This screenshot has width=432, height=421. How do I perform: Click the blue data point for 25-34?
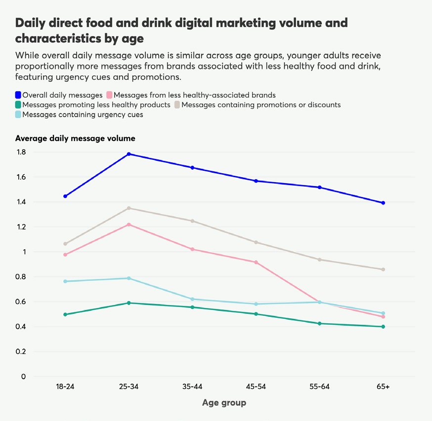[x=129, y=154]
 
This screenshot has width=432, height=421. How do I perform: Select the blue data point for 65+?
[x=383, y=203]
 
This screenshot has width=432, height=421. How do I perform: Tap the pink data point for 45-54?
[x=256, y=262]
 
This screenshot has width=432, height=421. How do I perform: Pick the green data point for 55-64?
[x=319, y=323]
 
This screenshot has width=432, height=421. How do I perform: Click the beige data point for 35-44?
[x=192, y=221]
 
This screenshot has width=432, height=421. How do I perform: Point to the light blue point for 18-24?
[x=65, y=281]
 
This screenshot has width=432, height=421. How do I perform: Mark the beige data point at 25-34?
[x=129, y=208]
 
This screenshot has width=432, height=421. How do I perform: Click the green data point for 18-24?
[x=65, y=314]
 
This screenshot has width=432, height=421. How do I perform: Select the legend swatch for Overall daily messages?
[x=18, y=95]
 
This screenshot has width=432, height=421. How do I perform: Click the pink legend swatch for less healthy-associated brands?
[x=109, y=95]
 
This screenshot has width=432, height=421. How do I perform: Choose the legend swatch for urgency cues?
[x=18, y=115]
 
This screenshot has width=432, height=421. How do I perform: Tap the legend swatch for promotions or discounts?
[x=177, y=105]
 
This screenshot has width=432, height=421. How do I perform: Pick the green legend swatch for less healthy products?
[x=18, y=105]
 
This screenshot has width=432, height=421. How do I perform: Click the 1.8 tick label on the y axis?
[x=21, y=152]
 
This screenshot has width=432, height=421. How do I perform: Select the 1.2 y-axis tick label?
[x=21, y=227]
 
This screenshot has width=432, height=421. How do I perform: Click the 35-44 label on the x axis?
[x=192, y=386]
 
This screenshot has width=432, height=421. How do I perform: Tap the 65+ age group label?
[x=383, y=386]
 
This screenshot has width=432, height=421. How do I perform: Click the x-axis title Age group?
[x=224, y=403]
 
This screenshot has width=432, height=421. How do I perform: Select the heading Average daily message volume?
[x=75, y=138]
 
